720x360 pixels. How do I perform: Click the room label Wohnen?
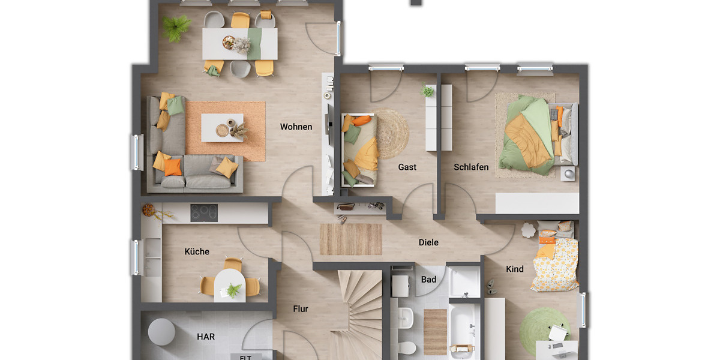296,127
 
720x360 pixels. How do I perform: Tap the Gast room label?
407,167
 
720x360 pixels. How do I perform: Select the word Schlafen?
471,167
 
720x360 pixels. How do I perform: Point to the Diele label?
428,242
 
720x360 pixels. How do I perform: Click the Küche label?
197,251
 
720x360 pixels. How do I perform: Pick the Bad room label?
428,280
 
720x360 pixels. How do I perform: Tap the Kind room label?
514,269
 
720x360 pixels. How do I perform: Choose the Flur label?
301,309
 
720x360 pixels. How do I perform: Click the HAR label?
206,337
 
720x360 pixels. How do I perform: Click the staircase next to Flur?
358,312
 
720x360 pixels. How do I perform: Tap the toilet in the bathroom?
407,347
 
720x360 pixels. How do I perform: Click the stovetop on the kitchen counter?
204,213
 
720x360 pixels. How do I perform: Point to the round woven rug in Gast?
391,134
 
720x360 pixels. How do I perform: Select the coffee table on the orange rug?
222,127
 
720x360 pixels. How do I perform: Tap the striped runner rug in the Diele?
350,239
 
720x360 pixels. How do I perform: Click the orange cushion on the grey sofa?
173,167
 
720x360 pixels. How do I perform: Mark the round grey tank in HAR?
161,331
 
